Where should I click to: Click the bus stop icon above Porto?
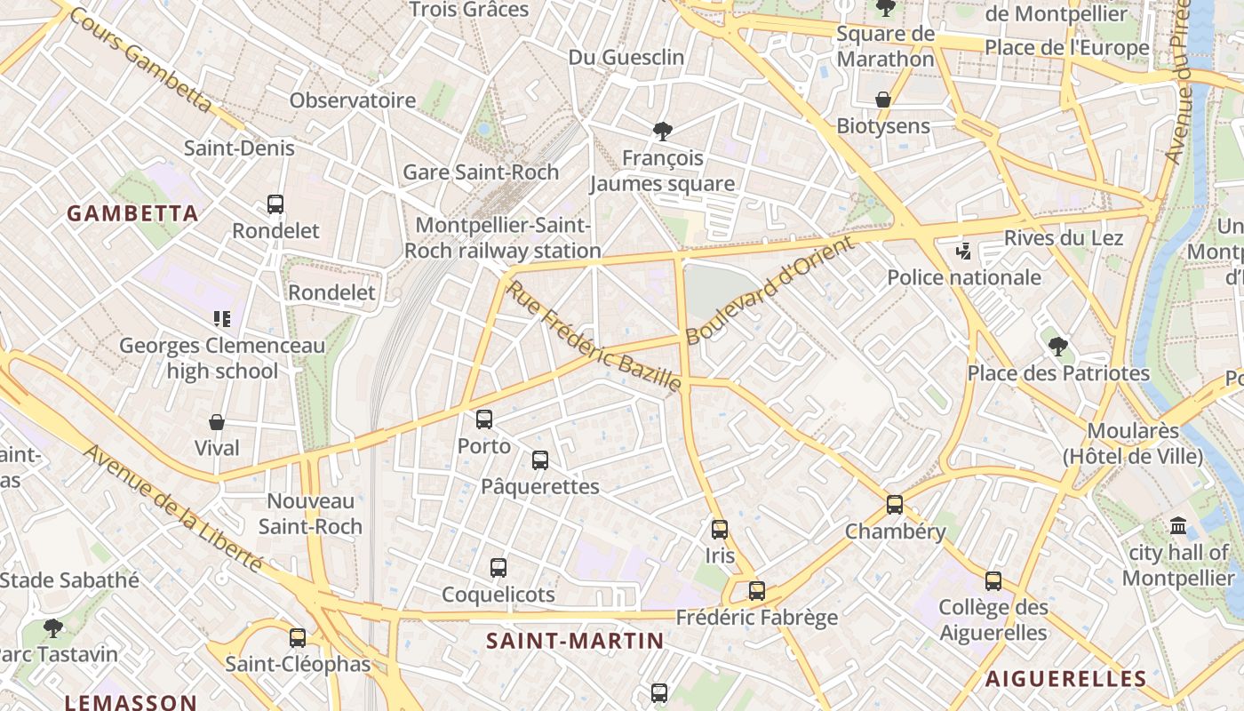pyautogui.click(x=484, y=419)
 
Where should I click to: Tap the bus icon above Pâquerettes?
pyautogui.click(x=540, y=459)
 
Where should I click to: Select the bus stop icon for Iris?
pyautogui.click(x=720, y=529)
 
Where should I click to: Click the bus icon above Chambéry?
pyautogui.click(x=895, y=504)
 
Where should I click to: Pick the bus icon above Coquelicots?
pyautogui.click(x=498, y=567)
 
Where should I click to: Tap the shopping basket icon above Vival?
pyautogui.click(x=217, y=421)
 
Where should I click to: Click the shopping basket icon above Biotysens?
pyautogui.click(x=883, y=99)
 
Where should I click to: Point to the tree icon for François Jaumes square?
pyautogui.click(x=662, y=132)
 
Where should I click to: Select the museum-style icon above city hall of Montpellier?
pyautogui.click(x=1179, y=525)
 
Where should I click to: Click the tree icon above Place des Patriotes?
pyautogui.click(x=1057, y=346)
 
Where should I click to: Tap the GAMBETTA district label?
pyautogui.click(x=132, y=213)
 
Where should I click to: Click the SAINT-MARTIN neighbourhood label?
pyautogui.click(x=575, y=641)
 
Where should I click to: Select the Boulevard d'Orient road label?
pyautogui.click(x=770, y=291)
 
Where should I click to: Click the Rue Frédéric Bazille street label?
pyautogui.click(x=594, y=336)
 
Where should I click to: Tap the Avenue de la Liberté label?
pyautogui.click(x=173, y=508)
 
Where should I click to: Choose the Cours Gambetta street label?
pyautogui.click(x=140, y=60)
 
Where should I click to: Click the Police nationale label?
pyautogui.click(x=964, y=277)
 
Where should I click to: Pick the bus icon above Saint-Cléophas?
pyautogui.click(x=298, y=637)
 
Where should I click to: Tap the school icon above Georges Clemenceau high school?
pyautogui.click(x=222, y=318)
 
